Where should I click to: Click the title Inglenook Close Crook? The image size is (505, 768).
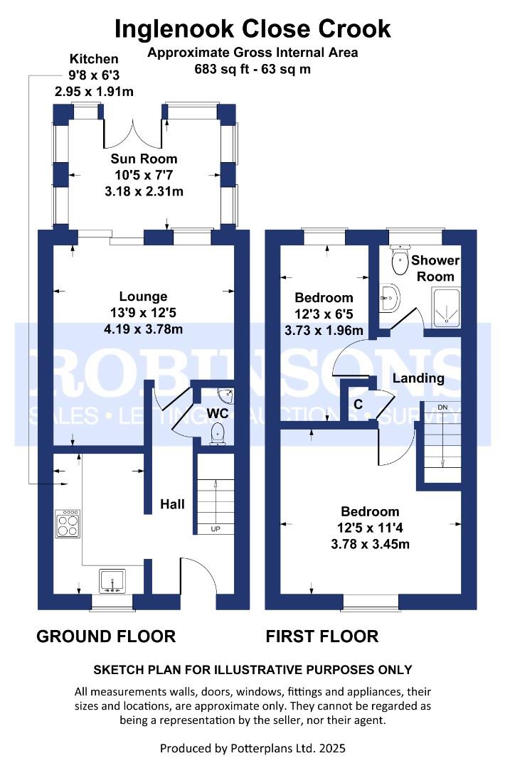253,28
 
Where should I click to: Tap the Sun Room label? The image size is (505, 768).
144,159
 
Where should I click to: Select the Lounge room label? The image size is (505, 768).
143,297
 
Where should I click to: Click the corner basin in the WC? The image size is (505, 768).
226,394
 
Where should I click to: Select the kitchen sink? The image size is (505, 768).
112,580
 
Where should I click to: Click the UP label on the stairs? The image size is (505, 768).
214,529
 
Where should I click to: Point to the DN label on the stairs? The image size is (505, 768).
443,407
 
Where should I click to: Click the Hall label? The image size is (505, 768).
172,504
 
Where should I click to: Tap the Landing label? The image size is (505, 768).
420,378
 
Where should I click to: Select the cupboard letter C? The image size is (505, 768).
358,404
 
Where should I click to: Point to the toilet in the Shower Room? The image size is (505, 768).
400,261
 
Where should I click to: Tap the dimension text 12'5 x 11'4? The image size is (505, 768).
370,528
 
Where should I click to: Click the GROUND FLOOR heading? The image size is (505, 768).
106,636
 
